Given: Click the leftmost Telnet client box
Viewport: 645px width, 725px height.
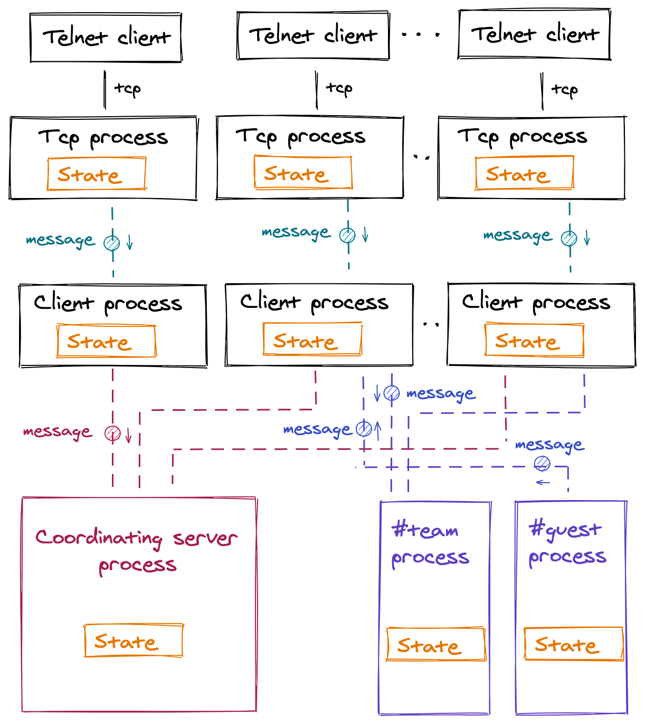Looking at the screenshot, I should (x=106, y=38).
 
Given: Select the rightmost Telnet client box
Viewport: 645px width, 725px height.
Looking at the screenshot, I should (x=535, y=35).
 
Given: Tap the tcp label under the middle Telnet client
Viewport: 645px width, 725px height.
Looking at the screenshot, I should (x=339, y=88).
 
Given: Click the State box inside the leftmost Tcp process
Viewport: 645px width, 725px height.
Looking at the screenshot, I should (x=97, y=174).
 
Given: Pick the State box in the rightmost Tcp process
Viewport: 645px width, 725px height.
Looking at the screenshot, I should (x=524, y=173).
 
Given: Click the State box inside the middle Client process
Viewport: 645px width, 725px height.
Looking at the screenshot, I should (x=312, y=340).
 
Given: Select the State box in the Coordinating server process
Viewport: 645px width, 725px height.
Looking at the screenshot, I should (x=134, y=641).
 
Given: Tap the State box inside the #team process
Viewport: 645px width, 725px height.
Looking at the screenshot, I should (x=436, y=644).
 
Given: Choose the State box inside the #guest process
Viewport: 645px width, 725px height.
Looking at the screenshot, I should (x=574, y=644).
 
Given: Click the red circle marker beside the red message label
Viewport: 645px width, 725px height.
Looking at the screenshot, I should (x=112, y=434).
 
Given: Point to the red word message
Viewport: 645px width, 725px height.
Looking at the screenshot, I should (x=58, y=432).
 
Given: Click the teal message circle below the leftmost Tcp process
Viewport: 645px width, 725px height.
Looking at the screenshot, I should (x=112, y=243).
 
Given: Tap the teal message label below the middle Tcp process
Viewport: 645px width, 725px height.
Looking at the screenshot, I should (x=296, y=232).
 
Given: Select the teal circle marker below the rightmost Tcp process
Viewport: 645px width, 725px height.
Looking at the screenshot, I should (x=569, y=238).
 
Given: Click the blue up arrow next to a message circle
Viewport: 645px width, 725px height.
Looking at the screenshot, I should (x=378, y=429).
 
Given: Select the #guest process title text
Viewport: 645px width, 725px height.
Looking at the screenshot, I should (x=567, y=542).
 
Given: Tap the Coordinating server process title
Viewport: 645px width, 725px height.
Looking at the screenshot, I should (x=137, y=551).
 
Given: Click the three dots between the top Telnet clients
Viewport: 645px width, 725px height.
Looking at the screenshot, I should (x=421, y=35).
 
